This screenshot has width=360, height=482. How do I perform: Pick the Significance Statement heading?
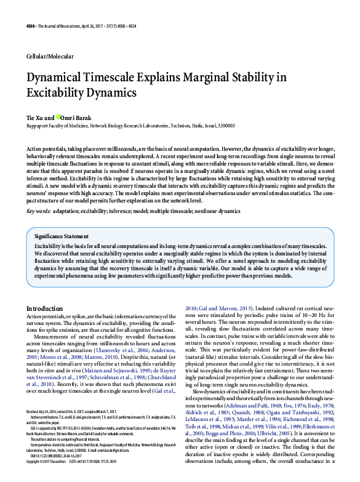[61, 236]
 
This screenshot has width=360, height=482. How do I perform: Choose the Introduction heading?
[44, 308]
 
